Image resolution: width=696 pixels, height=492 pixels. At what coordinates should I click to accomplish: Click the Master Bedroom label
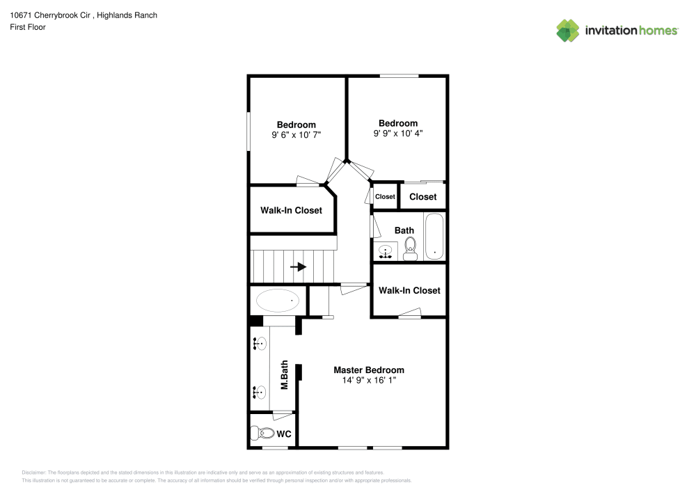pos(368,370)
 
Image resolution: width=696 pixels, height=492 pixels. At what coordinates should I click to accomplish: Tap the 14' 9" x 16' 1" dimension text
pos(368,381)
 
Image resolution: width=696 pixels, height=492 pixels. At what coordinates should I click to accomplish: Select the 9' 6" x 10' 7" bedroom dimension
pos(296,135)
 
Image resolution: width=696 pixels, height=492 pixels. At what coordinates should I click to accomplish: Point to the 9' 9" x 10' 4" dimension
pos(397,133)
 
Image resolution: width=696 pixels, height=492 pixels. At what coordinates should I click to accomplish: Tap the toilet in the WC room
pos(263,434)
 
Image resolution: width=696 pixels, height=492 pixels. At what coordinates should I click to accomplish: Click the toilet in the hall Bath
pos(410,247)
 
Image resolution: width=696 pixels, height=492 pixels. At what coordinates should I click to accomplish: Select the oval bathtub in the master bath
pos(278,301)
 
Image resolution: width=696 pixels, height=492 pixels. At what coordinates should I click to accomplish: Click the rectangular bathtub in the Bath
pos(434,237)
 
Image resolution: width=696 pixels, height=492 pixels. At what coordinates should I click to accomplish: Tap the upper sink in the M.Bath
pos(260,343)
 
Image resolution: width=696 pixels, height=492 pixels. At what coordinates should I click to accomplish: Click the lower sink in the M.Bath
pos(260,392)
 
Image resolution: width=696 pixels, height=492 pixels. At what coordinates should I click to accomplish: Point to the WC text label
pos(284,434)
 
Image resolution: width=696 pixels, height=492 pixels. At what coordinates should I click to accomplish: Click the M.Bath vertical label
pos(285,374)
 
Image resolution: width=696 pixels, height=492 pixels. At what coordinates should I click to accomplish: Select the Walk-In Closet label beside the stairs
pos(291,210)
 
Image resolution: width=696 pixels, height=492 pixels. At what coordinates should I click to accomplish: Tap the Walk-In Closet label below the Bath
pos(409,290)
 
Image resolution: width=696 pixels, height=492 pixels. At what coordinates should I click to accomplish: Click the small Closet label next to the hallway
pos(385,197)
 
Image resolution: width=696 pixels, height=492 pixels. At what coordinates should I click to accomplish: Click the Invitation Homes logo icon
pos(568,30)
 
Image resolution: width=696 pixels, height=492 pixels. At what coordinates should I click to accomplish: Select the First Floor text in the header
pos(28,27)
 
